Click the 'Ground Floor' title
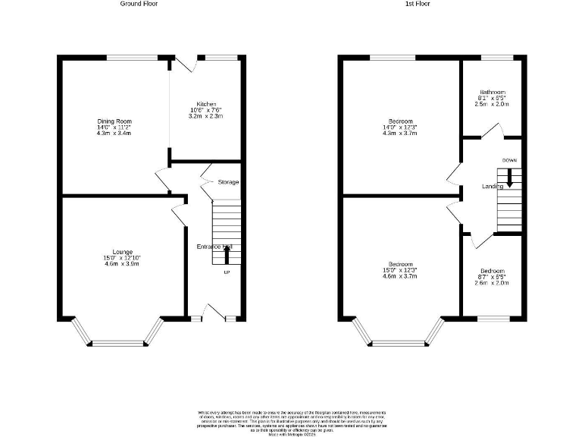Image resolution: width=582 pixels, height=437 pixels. pos(139,3)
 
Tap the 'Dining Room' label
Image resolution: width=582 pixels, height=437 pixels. pos(114,121)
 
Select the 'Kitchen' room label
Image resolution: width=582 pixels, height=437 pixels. pos(207,104)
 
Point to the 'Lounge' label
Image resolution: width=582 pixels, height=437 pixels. pos(123,252)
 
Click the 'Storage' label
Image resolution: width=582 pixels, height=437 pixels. pos(228,182)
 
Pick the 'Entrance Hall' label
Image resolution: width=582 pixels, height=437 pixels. pos(214,247)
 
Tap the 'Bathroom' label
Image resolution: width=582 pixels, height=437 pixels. pos(492,93)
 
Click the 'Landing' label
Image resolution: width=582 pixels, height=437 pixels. pos(493,187)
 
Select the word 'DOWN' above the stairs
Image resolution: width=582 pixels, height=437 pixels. pos(509,161)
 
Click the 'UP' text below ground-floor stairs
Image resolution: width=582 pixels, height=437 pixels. pos(226,272)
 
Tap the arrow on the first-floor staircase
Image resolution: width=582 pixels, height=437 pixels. pos(509,178)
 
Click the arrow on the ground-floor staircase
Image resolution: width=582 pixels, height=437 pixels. pos(226,255)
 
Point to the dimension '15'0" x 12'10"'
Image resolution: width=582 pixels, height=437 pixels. pos(123,259)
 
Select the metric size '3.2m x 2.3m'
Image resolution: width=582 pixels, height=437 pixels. pos(207,117)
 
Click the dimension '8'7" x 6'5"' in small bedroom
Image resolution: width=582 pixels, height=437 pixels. pos(492,277)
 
